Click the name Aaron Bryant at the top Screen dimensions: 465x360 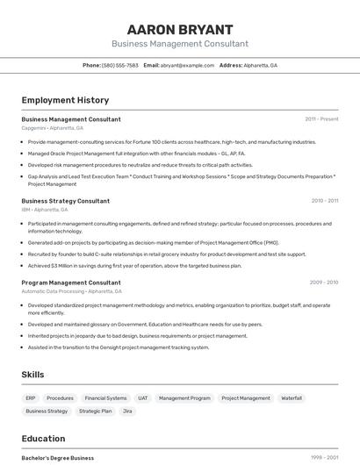point(179,30)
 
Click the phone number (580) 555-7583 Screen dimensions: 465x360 point(120,65)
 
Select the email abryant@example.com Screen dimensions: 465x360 point(187,65)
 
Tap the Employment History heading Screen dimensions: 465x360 point(65,100)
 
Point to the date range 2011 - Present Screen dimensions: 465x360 point(321,119)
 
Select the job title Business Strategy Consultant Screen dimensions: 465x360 point(66,201)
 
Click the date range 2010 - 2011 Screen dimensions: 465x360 point(324,201)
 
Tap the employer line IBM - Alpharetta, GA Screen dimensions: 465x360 point(46,210)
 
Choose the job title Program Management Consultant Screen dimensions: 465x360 point(71,283)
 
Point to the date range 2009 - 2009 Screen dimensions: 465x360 point(324,283)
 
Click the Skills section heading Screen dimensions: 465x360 point(32,375)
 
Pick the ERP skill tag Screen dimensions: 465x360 point(31,398)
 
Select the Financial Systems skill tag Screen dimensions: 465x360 point(105,398)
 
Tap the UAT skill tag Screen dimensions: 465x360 point(143,398)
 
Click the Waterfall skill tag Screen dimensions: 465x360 point(292,398)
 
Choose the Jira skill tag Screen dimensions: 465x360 point(127,411)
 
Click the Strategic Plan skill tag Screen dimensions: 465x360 point(95,411)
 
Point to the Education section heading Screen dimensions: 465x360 point(43,439)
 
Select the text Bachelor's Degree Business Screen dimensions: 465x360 point(58,458)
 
